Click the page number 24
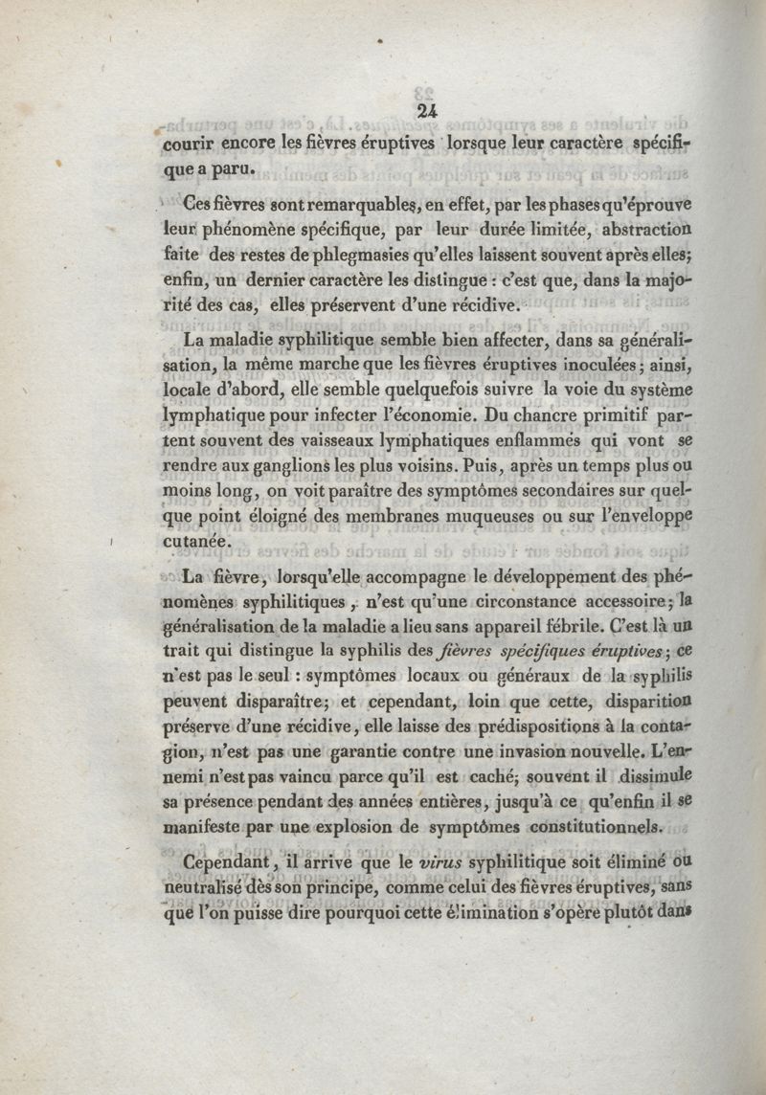click(427, 111)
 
